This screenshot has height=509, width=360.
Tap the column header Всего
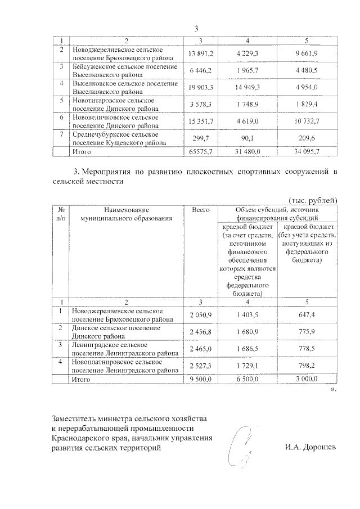(x=201, y=210)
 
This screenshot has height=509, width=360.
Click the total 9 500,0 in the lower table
(x=201, y=380)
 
